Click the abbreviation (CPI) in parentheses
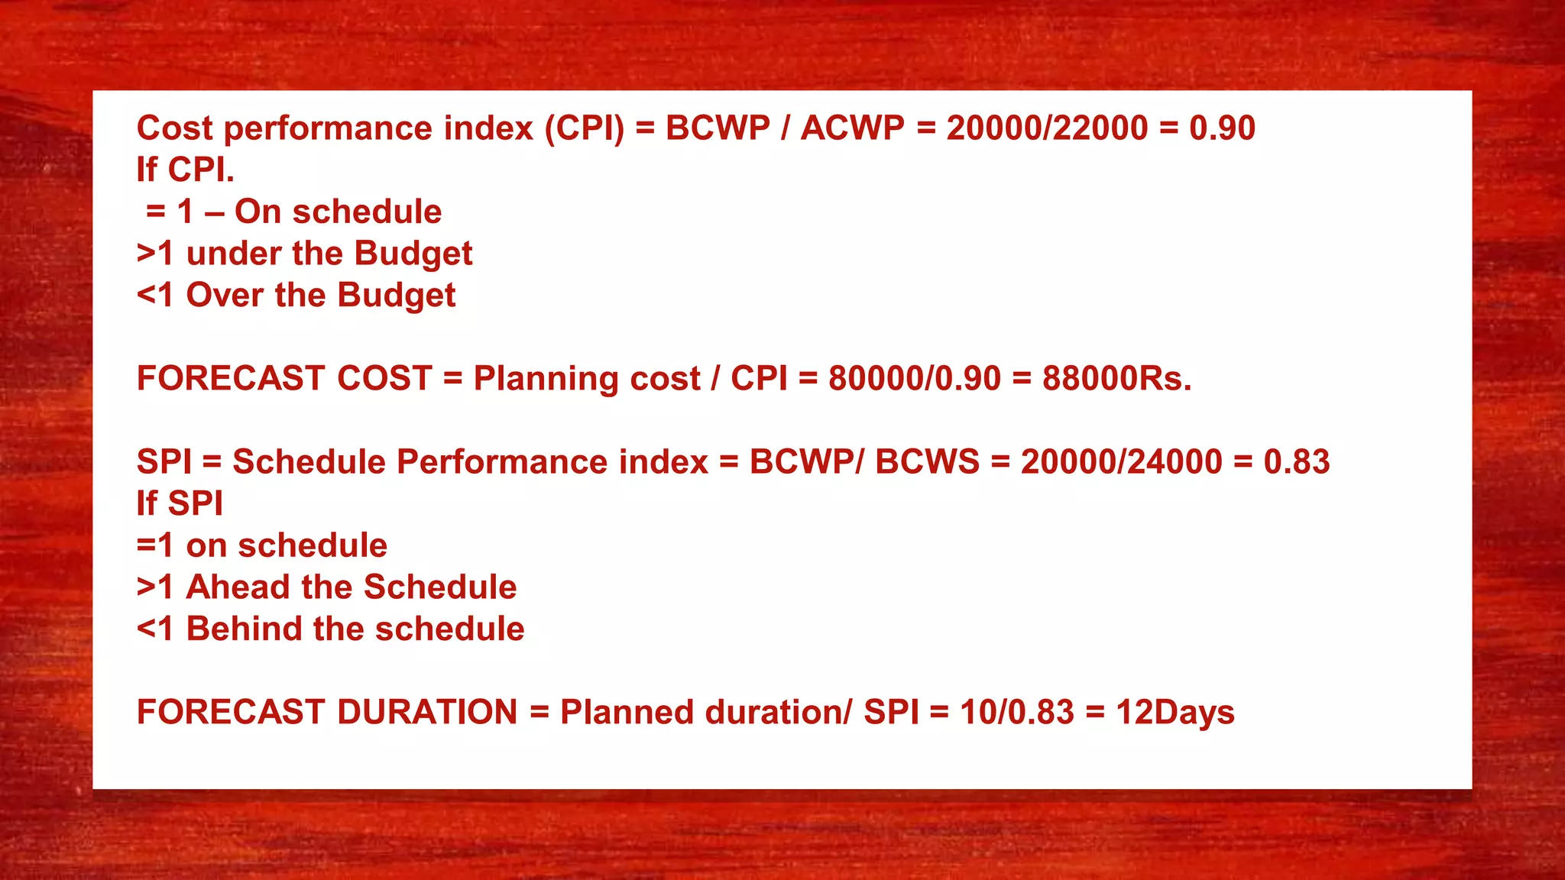point(584,128)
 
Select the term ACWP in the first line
point(852,128)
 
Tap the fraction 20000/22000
point(1047,128)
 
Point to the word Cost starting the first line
point(174,128)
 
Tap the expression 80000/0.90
point(914,379)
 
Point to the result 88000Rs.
point(1116,379)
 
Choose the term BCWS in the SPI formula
point(927,462)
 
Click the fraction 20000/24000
point(1121,462)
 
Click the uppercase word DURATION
point(427,713)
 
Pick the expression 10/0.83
point(1016,713)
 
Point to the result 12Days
point(1175,713)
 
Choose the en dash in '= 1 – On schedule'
point(214,213)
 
